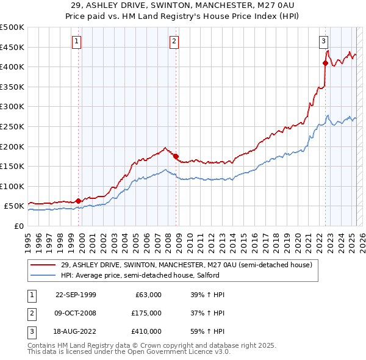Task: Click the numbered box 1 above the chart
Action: tap(77, 41)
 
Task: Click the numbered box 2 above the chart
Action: tap(174, 41)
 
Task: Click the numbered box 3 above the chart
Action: tap(323, 41)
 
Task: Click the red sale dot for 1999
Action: tap(79, 201)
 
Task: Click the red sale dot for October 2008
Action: tap(176, 156)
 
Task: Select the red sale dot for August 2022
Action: tap(325, 62)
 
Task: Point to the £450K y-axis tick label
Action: tap(12, 47)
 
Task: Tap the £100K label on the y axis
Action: tap(12, 186)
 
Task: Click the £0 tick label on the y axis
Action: tap(19, 226)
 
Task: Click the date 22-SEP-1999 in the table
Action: tap(76, 295)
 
